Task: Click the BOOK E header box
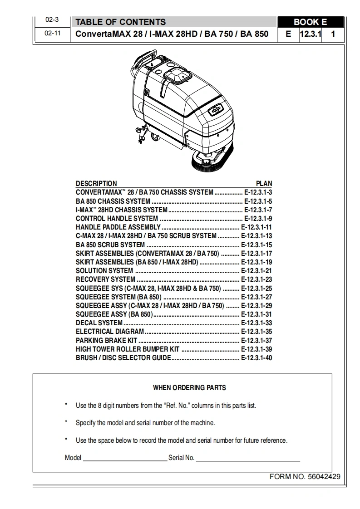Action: click(310, 22)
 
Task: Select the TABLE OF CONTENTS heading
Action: click(120, 22)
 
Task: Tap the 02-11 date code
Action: click(52, 34)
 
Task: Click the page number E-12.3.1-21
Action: click(256, 271)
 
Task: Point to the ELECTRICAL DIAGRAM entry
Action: click(110, 332)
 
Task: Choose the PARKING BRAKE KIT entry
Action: click(106, 340)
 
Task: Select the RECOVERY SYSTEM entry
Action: click(105, 279)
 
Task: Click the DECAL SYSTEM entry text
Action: click(99, 323)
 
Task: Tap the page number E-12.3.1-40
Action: click(256, 358)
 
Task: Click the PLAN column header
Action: click(264, 184)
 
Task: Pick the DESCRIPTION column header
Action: click(96, 184)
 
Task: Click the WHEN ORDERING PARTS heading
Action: click(189, 388)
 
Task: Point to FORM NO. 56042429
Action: click(305, 477)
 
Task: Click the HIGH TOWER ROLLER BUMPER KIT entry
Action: click(128, 349)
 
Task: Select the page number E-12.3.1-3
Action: click(258, 192)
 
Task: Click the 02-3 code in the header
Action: click(52, 20)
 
